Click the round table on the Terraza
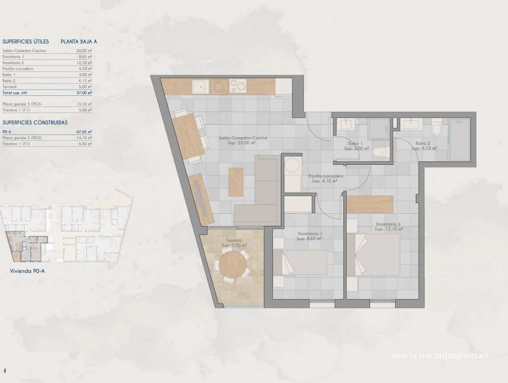pyautogui.click(x=232, y=265)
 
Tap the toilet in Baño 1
pyautogui.click(x=378, y=151)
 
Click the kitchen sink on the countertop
pyautogui.click(x=200, y=86)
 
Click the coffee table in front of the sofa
pyautogui.click(x=236, y=182)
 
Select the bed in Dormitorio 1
pyautogui.click(x=299, y=263)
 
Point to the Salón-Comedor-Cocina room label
pyautogui.click(x=243, y=138)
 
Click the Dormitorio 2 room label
pyautogui.click(x=388, y=224)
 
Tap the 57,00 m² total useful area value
pyautogui.click(x=84, y=93)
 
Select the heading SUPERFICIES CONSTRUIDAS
pyautogui.click(x=35, y=122)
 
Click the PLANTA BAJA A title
pyautogui.click(x=79, y=41)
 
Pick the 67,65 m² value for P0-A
pyautogui.click(x=84, y=132)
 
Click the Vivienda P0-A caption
pyautogui.click(x=27, y=270)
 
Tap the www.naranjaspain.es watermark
pyautogui.click(x=440, y=355)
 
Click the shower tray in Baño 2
pyautogui.click(x=459, y=139)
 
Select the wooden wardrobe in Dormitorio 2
pyautogui.click(x=369, y=204)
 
